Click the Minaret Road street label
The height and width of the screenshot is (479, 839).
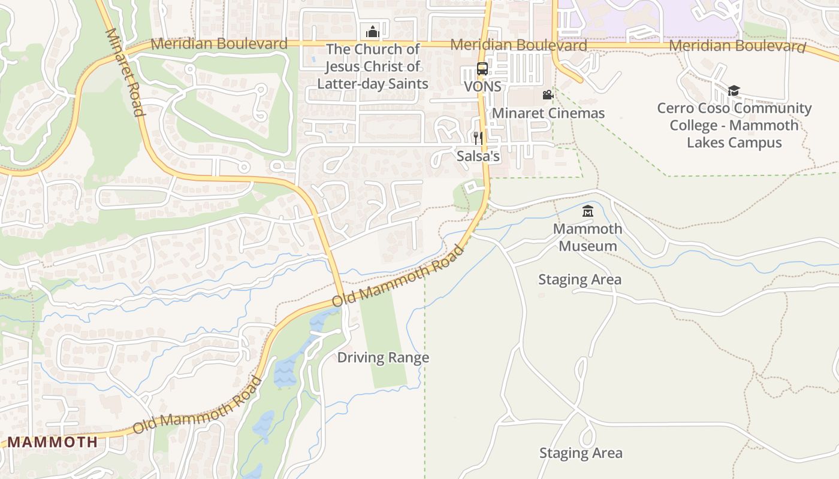click(125, 72)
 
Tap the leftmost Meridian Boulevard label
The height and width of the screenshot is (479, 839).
click(219, 44)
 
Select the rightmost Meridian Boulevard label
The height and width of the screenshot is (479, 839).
click(737, 46)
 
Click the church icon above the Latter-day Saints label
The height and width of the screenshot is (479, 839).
click(372, 31)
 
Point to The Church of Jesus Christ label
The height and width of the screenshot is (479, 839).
click(372, 66)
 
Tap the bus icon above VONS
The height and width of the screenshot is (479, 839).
click(482, 68)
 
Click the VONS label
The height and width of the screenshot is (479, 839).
click(482, 86)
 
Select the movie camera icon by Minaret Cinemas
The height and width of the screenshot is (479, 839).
click(548, 95)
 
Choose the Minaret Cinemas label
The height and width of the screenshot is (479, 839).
click(548, 113)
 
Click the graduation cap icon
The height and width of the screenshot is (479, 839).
click(734, 90)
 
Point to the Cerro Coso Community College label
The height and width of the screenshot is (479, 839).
click(734, 126)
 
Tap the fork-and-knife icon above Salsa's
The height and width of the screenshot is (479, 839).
click(478, 138)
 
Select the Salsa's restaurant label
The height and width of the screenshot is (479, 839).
click(478, 156)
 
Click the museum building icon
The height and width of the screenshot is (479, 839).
click(588, 211)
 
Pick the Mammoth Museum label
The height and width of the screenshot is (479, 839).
click(587, 237)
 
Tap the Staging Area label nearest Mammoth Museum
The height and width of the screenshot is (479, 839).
click(580, 280)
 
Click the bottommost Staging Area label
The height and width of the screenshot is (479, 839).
click(581, 453)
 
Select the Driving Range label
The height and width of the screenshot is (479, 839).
click(383, 357)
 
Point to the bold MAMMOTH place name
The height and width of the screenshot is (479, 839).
click(52, 442)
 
